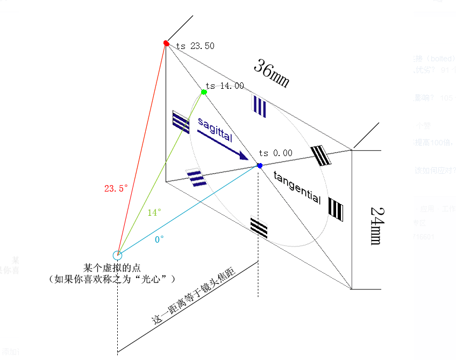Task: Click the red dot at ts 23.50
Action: [166, 43]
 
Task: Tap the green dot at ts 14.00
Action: [204, 92]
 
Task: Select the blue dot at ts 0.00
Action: [260, 166]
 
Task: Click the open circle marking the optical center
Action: [117, 255]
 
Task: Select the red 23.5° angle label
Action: [116, 188]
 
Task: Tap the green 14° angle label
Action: [154, 213]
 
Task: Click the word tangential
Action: [297, 187]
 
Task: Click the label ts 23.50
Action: [195, 46]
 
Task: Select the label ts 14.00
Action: [225, 86]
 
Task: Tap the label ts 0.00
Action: [275, 153]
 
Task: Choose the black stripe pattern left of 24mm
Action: [336, 209]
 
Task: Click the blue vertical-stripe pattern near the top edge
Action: [259, 106]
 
